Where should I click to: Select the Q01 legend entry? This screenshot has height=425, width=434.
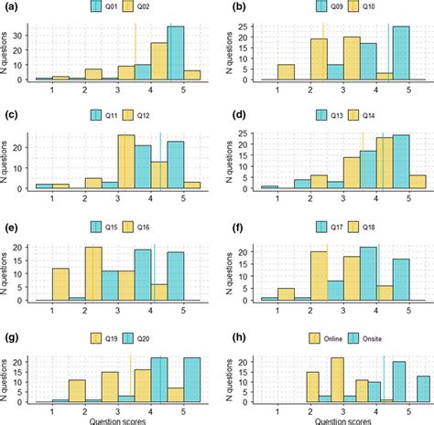click(x=103, y=9)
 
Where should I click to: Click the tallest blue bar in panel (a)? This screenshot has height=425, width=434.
click(x=176, y=54)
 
